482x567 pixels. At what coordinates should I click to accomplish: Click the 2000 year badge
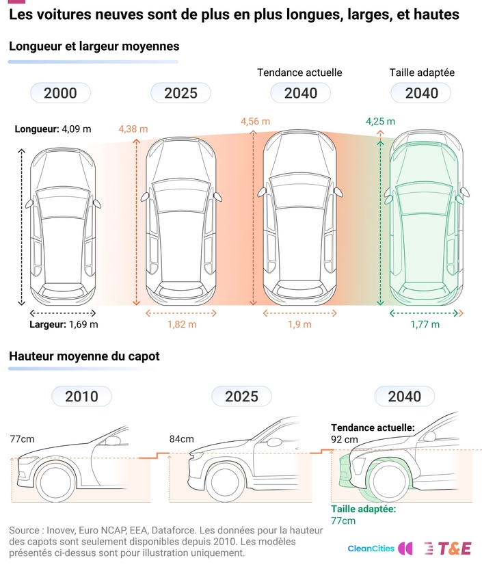point(60,93)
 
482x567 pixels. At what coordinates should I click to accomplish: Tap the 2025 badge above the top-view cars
point(180,93)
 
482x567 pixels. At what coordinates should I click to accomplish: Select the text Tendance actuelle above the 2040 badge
point(299,72)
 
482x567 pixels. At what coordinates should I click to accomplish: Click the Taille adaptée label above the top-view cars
point(422,72)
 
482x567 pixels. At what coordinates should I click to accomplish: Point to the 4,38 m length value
point(133,129)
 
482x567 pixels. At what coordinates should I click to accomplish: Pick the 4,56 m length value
point(255,121)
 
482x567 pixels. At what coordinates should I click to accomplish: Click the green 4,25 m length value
point(380,121)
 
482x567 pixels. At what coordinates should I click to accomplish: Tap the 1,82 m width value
point(182,324)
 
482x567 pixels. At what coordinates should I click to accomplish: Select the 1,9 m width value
point(299,324)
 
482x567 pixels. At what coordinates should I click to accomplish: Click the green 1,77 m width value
point(425,324)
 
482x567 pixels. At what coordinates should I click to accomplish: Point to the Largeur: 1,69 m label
point(64,324)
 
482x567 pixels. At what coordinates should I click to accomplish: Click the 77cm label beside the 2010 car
point(22,439)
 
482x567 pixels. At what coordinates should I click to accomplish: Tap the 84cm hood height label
point(181,439)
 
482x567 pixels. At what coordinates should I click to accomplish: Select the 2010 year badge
point(82,396)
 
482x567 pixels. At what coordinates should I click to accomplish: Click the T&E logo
point(448,549)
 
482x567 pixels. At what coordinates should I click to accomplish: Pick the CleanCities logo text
point(371,549)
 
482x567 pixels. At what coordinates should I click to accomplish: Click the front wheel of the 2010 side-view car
point(55,482)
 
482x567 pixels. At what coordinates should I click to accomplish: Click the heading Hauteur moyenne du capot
point(84,356)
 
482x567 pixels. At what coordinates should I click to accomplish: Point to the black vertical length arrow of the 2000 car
point(22,227)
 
